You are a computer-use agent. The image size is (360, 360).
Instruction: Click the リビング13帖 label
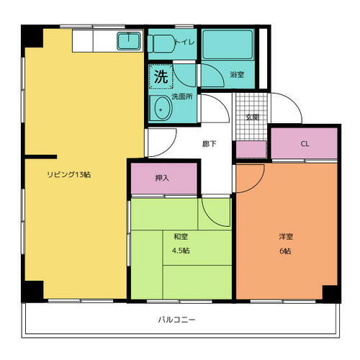(69, 174)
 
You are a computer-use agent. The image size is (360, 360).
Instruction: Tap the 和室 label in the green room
(181, 236)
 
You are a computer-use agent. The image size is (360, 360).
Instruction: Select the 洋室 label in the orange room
(287, 236)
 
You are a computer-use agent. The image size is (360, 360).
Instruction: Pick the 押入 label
(162, 178)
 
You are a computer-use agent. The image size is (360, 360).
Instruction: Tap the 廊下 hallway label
(209, 144)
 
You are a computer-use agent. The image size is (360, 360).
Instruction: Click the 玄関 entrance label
(252, 117)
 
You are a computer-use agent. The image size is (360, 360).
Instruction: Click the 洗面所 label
(183, 96)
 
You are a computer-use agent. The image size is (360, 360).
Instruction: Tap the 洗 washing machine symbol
(161, 75)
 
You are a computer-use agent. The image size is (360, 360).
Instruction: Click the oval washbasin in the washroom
(161, 109)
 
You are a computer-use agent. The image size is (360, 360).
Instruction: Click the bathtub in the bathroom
(227, 45)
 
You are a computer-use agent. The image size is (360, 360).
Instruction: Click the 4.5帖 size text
(181, 251)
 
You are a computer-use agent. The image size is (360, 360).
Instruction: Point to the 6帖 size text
(287, 251)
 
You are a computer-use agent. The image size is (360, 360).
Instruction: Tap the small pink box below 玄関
(251, 150)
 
